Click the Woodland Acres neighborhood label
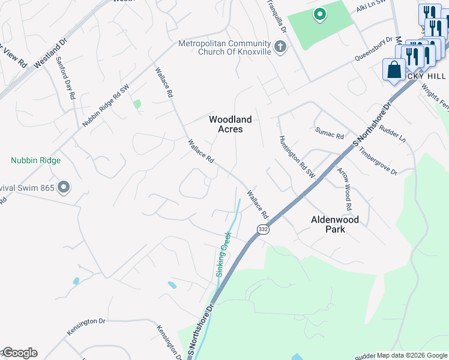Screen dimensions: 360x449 point(230,124)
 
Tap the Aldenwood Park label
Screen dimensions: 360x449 point(334,224)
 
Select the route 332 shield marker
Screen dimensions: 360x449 point(262,229)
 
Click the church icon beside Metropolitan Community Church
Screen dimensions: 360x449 point(280,46)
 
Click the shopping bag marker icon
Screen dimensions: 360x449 point(394,70)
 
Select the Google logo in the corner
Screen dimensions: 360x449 point(19,353)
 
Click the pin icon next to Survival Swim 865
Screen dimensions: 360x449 point(64,188)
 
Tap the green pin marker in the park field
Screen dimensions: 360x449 point(320,14)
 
